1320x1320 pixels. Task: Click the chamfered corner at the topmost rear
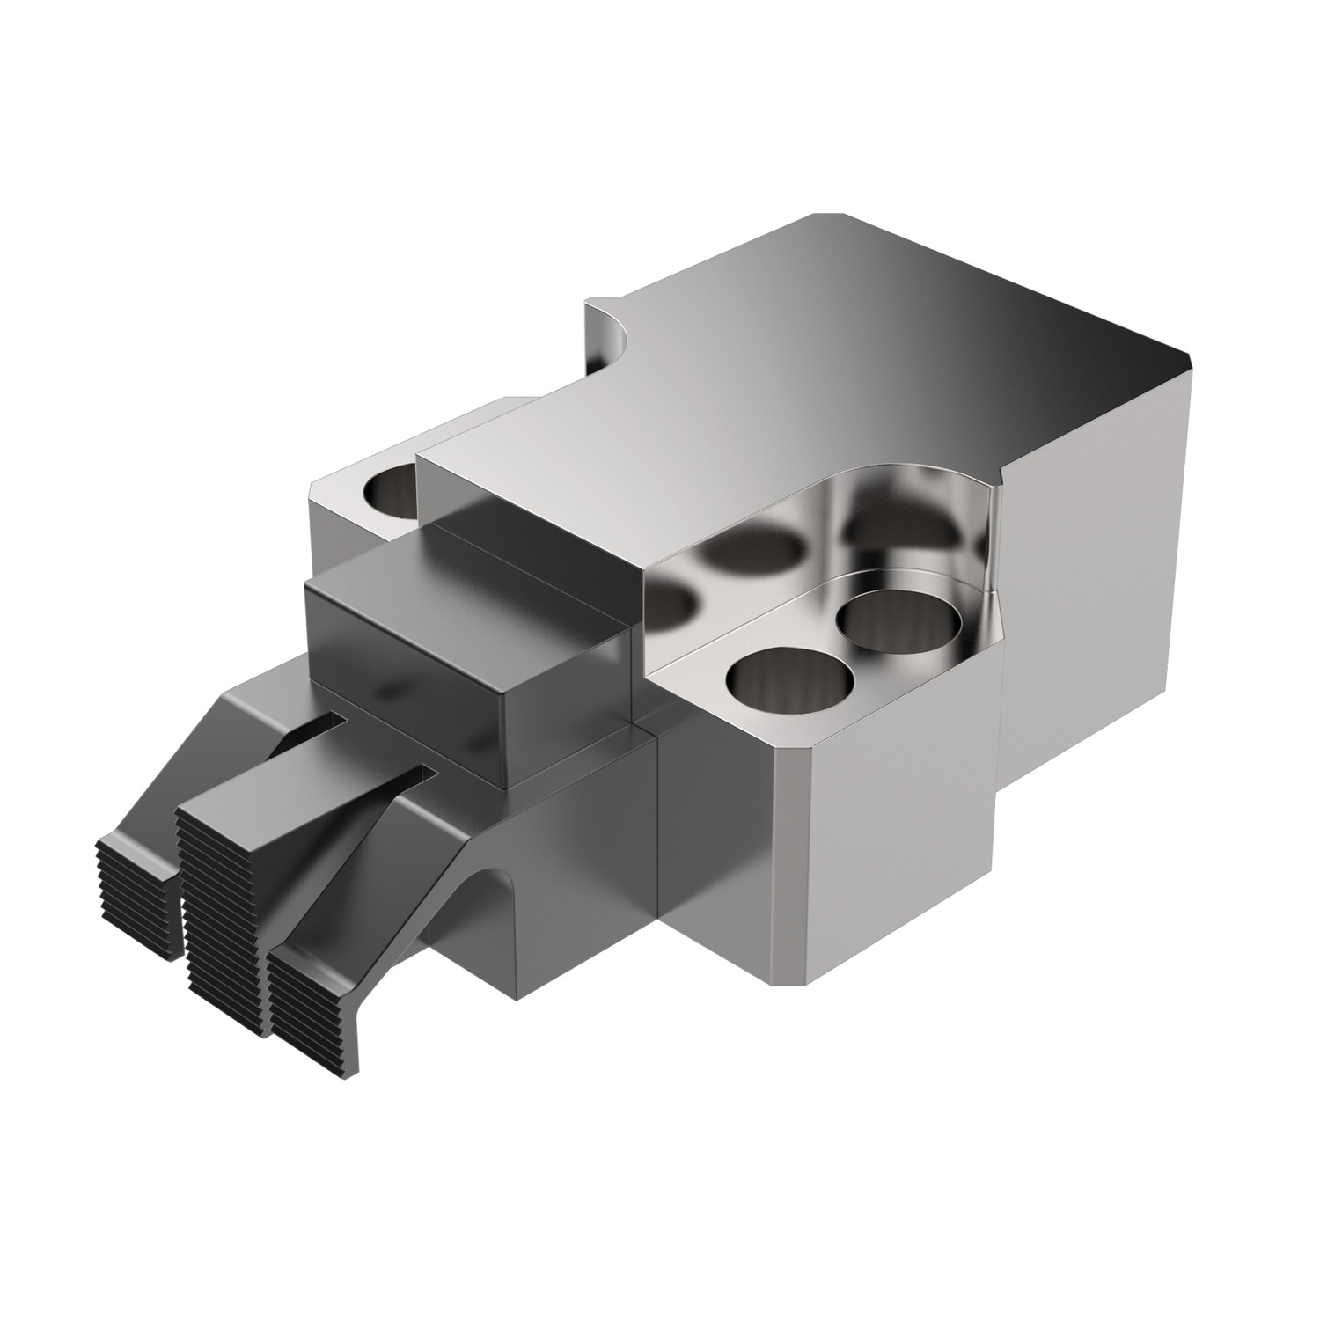click(827, 216)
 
